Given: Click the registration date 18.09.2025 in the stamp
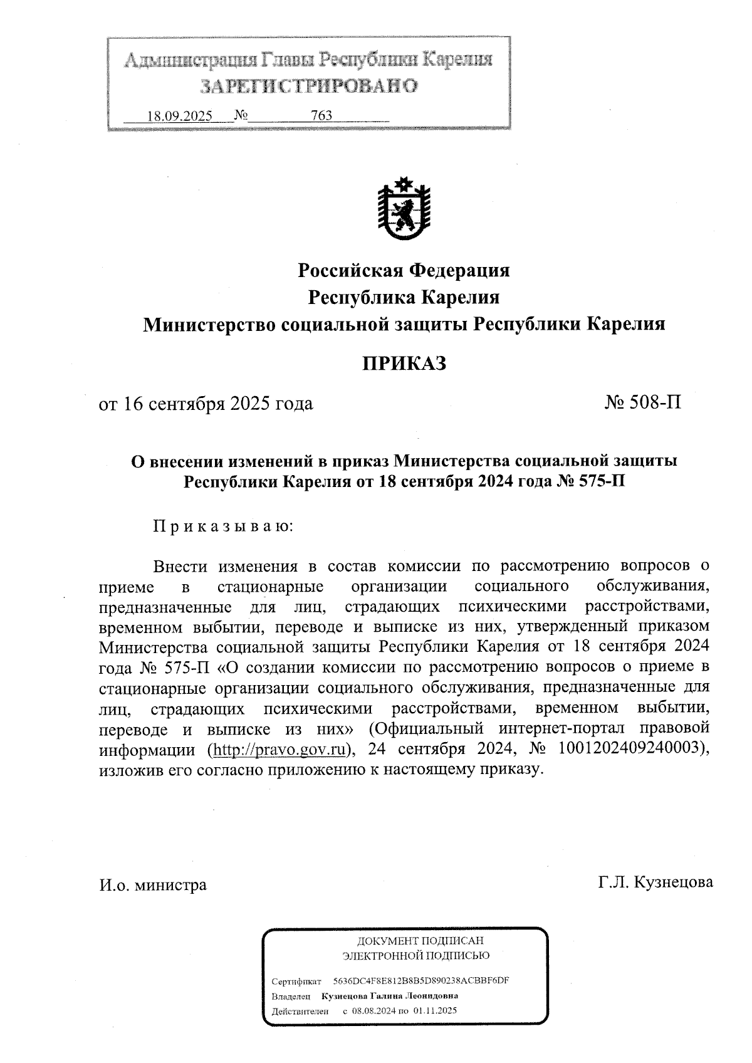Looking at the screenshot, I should pyautogui.click(x=179, y=116).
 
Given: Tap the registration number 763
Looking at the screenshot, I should pyautogui.click(x=321, y=116).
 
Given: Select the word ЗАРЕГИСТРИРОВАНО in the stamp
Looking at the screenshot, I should pyautogui.click(x=308, y=86).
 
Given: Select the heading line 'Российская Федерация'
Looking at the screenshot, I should pyautogui.click(x=404, y=270).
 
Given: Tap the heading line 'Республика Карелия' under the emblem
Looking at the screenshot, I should pyautogui.click(x=404, y=297).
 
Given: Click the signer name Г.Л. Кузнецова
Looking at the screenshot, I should pyautogui.click(x=655, y=882).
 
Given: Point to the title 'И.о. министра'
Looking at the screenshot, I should pyautogui.click(x=152, y=885).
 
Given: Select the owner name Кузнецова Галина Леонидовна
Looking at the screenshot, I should pyautogui.click(x=389, y=995).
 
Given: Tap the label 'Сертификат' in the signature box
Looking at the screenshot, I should pyautogui.click(x=296, y=981).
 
